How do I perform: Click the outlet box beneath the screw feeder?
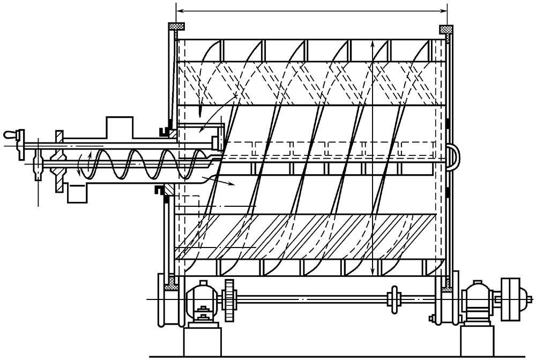tap(78, 192)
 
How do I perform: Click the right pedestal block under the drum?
tap(477, 340)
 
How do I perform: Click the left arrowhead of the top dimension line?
tap(180, 10)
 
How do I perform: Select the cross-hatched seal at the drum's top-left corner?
tap(176, 26)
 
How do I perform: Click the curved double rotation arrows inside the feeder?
tap(85, 161)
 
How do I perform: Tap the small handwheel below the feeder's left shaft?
tap(38, 169)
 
